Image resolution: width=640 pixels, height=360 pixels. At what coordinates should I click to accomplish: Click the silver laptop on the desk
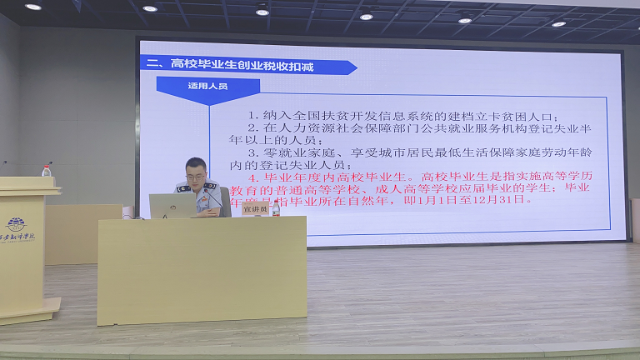pyautogui.click(x=172, y=205)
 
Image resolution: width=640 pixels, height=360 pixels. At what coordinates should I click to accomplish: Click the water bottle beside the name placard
pyautogui.click(x=275, y=207)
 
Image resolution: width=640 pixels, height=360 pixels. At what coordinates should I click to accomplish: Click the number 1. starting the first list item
pyautogui.click(x=253, y=115)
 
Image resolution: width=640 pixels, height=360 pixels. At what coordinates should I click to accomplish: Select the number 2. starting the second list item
pyautogui.click(x=253, y=128)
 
